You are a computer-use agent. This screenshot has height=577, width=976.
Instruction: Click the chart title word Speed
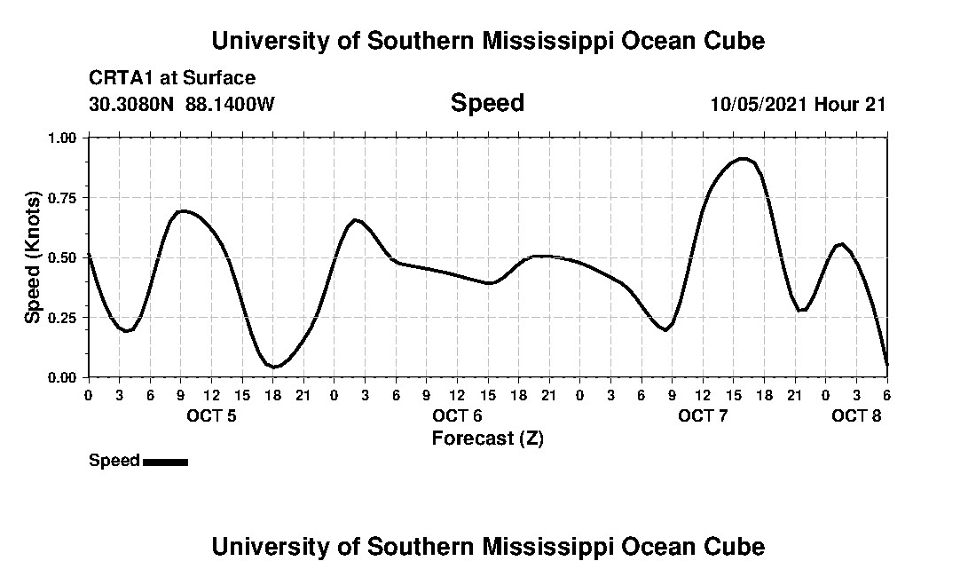point(487,103)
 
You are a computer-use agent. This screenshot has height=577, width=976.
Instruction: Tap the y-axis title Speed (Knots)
point(33,257)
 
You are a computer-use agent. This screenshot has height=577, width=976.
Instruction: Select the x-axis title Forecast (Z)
point(487,439)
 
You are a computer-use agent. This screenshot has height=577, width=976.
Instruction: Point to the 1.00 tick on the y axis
point(63,138)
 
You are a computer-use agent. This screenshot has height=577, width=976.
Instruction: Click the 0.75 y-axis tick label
point(63,198)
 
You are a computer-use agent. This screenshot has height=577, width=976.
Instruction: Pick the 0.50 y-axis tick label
point(63,257)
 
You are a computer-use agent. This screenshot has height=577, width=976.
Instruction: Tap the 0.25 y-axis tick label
point(63,318)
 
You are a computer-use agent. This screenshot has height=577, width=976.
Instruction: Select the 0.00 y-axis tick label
point(63,377)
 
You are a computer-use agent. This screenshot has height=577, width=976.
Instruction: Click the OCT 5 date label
point(211,416)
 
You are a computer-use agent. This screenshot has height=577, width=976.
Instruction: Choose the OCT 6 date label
point(457,416)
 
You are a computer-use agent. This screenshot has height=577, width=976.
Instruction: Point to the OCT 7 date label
point(703,416)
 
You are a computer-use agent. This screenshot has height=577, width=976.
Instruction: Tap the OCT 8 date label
point(856,416)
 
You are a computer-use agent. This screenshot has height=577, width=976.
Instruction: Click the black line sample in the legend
point(165,462)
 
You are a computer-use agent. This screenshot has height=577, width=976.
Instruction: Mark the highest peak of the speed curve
point(744,159)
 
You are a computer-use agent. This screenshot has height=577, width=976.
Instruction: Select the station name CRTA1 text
point(119,78)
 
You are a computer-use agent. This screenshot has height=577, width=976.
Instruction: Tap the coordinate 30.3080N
point(132,104)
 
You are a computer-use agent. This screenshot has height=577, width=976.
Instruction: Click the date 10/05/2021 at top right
point(759,104)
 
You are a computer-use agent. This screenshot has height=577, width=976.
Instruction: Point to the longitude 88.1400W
point(230,104)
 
